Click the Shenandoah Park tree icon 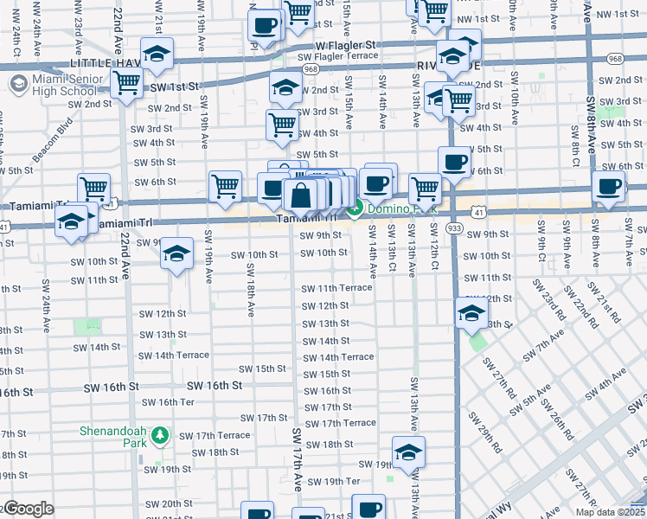[x=159, y=436]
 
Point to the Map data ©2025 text [x=609, y=511]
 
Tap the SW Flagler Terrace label [x=337, y=56]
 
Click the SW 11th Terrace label [x=336, y=288]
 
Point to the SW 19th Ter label [x=333, y=482]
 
